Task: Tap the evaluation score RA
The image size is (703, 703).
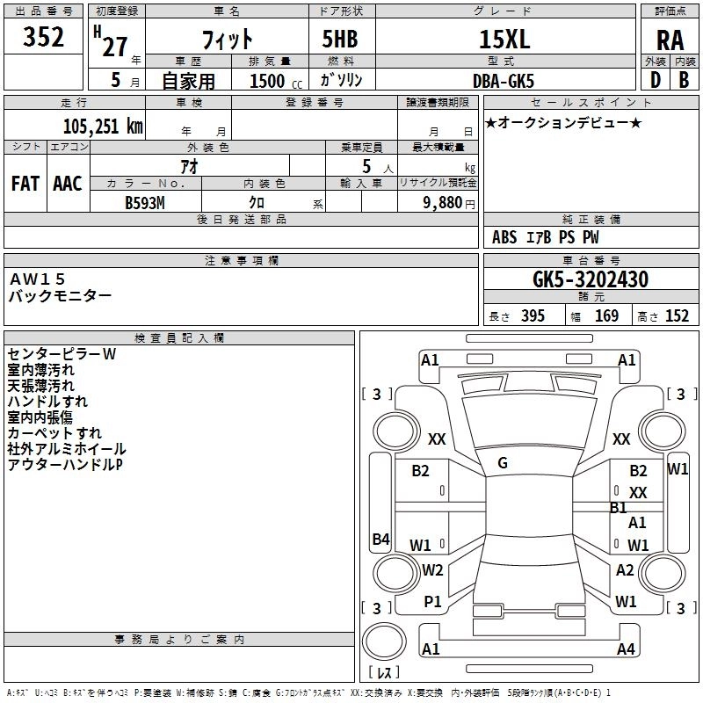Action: (x=670, y=40)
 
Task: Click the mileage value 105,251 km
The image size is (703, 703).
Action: (x=103, y=126)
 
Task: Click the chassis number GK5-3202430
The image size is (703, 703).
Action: (x=590, y=279)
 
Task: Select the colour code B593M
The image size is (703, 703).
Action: (x=146, y=202)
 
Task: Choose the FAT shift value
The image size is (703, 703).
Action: (x=25, y=183)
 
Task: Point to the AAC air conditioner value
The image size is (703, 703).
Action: (x=67, y=183)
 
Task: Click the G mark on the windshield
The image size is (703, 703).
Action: (x=503, y=463)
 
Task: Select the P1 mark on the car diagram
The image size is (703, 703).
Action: (x=432, y=602)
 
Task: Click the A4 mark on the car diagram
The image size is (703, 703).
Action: (x=626, y=649)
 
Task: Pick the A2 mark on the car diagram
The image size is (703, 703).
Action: (x=625, y=570)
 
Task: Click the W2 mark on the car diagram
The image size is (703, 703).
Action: (x=431, y=570)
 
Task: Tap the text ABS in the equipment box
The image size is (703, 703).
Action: (x=504, y=237)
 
